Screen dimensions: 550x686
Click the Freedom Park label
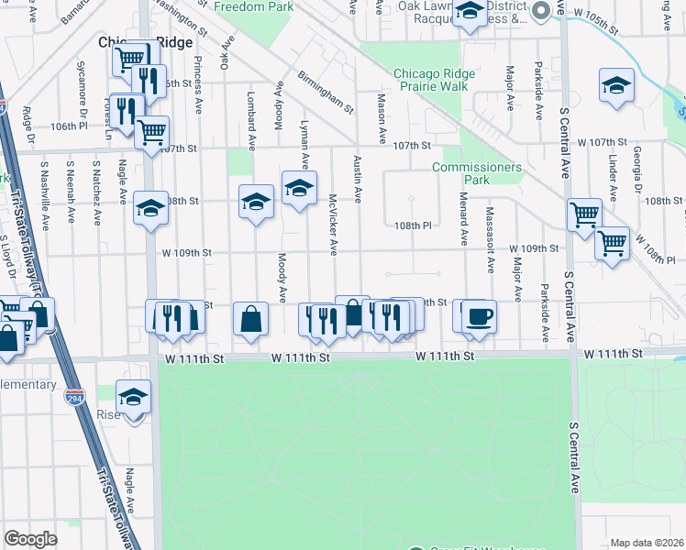(253, 6)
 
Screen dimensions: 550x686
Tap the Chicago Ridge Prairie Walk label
(430, 81)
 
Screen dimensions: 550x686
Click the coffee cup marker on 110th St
(480, 317)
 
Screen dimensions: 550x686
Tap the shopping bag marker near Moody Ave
(250, 320)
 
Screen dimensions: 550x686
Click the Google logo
(30, 539)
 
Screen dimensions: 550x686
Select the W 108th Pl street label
(413, 225)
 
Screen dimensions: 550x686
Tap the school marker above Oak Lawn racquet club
(470, 12)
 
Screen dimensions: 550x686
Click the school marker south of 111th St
(133, 398)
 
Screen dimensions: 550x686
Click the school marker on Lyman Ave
(298, 189)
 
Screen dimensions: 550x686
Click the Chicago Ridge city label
(146, 42)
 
